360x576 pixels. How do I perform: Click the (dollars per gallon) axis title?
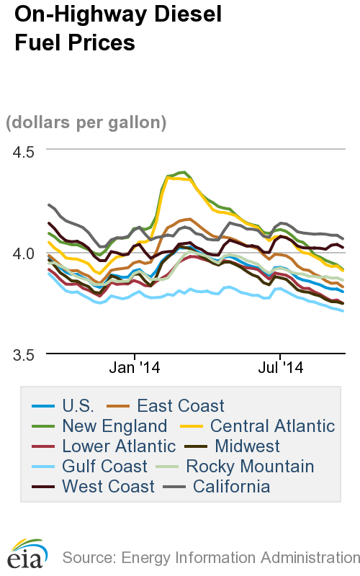[86, 122]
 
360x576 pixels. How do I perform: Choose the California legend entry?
[227, 487]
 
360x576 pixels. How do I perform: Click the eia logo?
[26, 552]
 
